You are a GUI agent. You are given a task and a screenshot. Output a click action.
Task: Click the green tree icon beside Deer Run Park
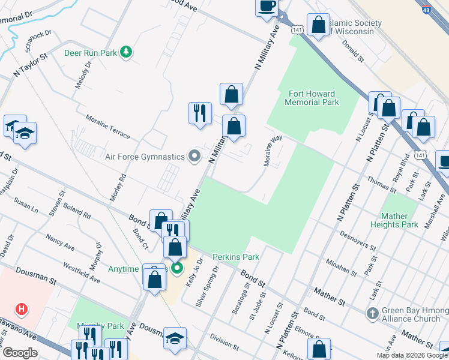126,53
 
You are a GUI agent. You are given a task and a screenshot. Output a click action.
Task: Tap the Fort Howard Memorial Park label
313,98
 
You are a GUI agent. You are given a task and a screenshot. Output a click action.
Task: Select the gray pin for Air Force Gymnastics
194,157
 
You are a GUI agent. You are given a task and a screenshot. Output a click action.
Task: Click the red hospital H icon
22,310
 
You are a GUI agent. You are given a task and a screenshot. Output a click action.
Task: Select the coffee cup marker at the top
267,7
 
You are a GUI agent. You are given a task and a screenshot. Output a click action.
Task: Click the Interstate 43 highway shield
426,10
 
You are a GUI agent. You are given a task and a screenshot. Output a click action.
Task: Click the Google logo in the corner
20,353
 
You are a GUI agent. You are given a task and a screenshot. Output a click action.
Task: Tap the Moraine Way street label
273,151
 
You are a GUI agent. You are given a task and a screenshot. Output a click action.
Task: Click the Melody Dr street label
83,75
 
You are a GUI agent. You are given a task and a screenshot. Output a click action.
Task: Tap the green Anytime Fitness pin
176,268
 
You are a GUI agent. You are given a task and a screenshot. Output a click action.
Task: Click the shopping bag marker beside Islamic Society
318,25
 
